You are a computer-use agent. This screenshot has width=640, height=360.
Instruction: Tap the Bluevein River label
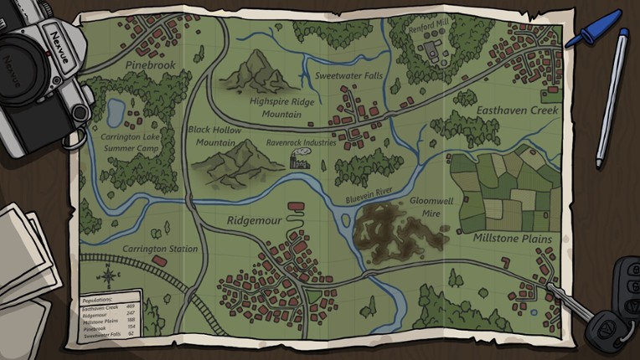[369, 197]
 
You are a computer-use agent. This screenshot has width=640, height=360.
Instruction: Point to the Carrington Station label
[161, 249]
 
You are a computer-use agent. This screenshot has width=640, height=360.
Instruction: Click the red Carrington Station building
[158, 261]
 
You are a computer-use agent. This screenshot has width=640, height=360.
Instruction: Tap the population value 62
[130, 333]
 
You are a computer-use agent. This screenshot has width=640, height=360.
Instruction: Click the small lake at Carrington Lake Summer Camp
[116, 109]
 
